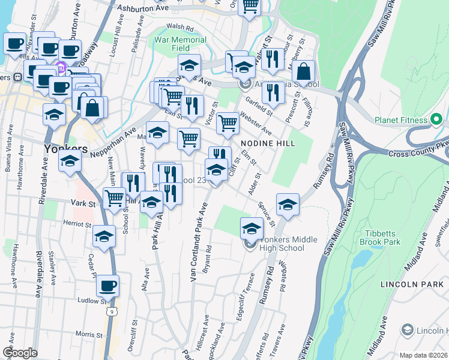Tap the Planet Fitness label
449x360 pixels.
(x=402, y=120)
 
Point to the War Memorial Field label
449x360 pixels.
(x=179, y=44)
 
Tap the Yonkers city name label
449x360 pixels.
(x=66, y=148)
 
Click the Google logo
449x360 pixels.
(x=20, y=353)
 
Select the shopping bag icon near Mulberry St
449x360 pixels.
(x=304, y=71)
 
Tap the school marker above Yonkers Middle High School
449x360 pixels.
(x=252, y=228)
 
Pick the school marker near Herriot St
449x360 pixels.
(x=104, y=236)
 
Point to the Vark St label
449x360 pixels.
(x=84, y=204)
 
